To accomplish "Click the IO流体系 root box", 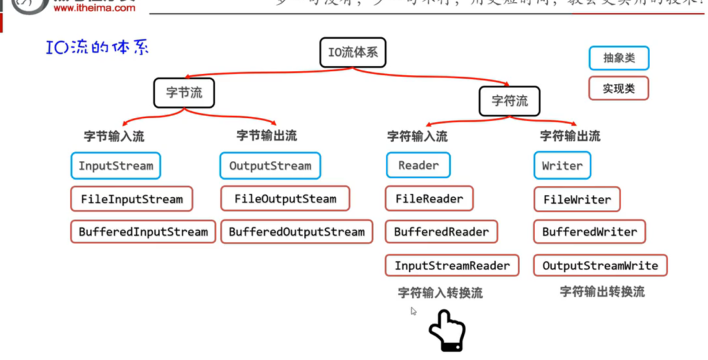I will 353,53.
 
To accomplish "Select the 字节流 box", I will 184,93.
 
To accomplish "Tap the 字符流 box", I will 510,101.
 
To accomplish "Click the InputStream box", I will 115,166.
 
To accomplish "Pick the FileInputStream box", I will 131,199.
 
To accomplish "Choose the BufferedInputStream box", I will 143,232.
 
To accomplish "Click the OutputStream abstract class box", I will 270,166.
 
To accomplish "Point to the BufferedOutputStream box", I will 297,232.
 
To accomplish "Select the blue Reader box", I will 418,166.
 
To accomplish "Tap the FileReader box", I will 429,199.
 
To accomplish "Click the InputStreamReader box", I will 451,266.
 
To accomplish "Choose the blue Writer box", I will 562,166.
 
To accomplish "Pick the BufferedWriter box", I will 589,232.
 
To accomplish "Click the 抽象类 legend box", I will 619,59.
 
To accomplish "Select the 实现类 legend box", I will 618,88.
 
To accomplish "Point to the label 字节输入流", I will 114,136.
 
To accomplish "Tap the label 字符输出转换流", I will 602,292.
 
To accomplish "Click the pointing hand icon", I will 446,330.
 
